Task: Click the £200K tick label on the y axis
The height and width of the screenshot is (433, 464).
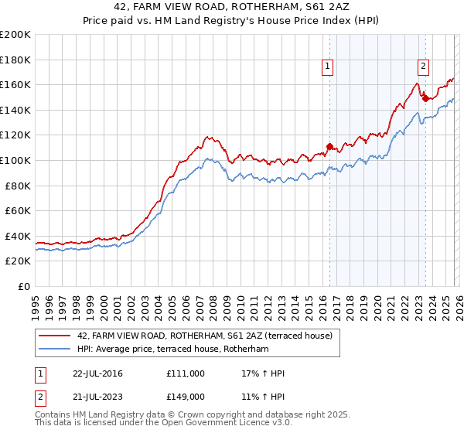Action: coord(15,35)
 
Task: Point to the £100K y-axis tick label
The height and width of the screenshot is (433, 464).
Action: coord(15,160)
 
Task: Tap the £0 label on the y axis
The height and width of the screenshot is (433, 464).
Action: coord(24,286)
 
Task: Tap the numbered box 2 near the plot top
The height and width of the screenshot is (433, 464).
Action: coord(424,67)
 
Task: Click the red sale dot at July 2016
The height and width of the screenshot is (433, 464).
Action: coord(329,146)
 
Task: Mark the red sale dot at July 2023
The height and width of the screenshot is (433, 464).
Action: coord(425,97)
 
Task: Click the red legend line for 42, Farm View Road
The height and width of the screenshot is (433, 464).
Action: coord(55,336)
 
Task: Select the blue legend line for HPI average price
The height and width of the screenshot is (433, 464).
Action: coord(55,349)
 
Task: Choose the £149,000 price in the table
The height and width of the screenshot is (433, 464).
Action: coord(186,396)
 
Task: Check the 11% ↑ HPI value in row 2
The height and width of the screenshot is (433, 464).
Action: coord(263,396)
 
